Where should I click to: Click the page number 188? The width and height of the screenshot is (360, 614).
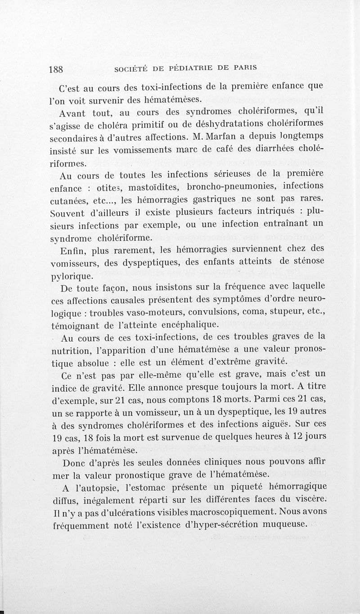(x=57, y=69)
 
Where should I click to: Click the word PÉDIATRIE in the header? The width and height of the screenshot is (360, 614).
(x=184, y=68)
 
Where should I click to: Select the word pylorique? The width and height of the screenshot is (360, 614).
(x=75, y=276)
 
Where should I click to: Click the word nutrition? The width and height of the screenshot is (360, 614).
(x=78, y=349)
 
